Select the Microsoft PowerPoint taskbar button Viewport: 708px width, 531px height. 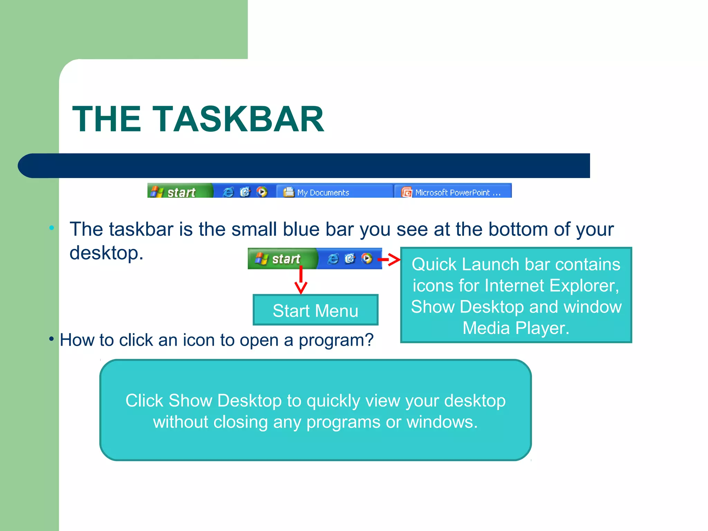click(x=453, y=192)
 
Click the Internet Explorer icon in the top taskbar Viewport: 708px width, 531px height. click(x=228, y=192)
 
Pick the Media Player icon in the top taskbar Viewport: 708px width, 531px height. click(x=262, y=192)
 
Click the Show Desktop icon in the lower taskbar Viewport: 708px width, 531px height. click(x=350, y=259)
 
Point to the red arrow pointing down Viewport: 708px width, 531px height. click(x=301, y=280)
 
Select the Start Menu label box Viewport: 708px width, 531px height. click(x=315, y=310)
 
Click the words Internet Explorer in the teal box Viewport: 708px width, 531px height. click(x=550, y=286)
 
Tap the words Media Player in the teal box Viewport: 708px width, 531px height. click(x=516, y=328)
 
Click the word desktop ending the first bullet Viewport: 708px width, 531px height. click(x=106, y=253)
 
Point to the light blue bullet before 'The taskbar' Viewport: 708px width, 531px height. click(x=52, y=228)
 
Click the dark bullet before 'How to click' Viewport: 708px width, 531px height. click(x=52, y=339)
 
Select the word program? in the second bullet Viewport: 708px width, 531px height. click(x=336, y=340)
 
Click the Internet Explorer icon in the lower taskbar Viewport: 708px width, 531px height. click(x=333, y=259)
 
